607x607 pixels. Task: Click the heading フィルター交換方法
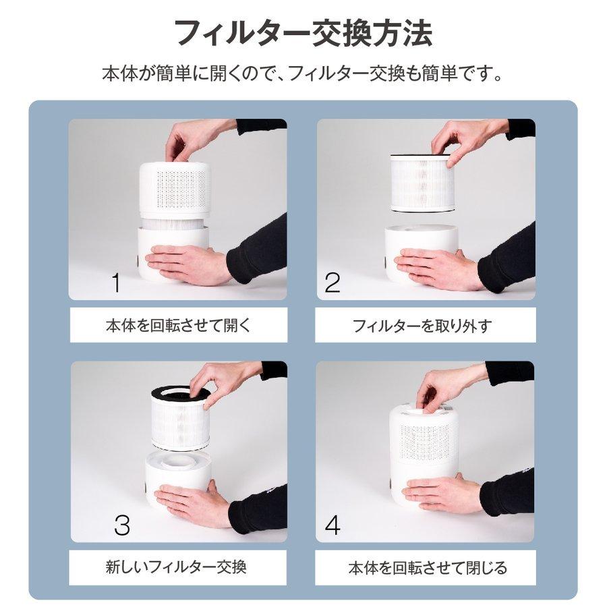[x=303, y=32]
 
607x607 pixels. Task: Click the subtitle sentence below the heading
[x=303, y=73]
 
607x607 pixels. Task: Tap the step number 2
[x=333, y=283]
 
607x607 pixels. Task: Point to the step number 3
[x=121, y=525]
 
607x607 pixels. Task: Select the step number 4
[x=333, y=525]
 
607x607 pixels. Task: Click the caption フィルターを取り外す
[x=422, y=326]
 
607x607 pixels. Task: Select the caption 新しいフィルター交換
[x=177, y=566]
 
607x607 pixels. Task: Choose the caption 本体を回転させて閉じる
[x=427, y=567]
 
